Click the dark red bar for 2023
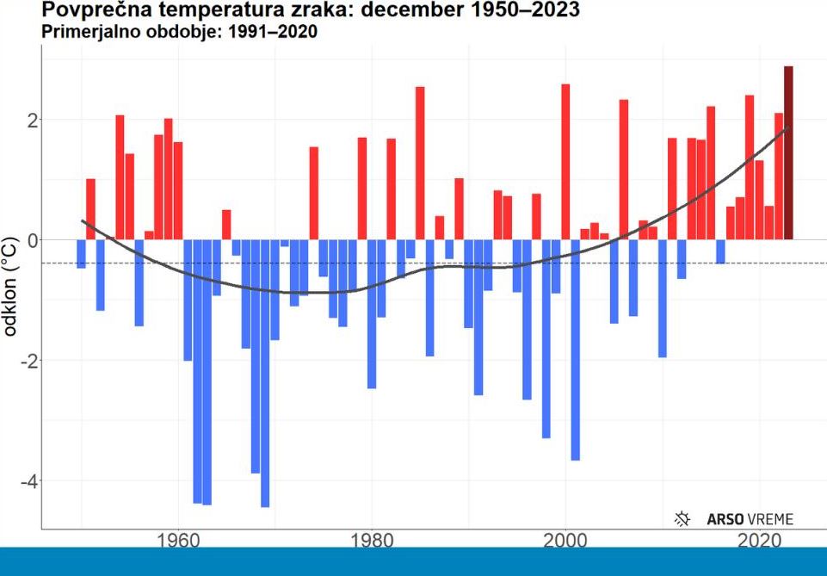tap(788, 152)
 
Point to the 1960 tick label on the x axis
tap(177, 542)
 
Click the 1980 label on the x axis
tap(372, 542)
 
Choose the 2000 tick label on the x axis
tap(565, 542)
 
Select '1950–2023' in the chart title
tap(518, 11)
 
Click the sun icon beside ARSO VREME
tap(683, 518)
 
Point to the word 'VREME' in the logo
tap(768, 519)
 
